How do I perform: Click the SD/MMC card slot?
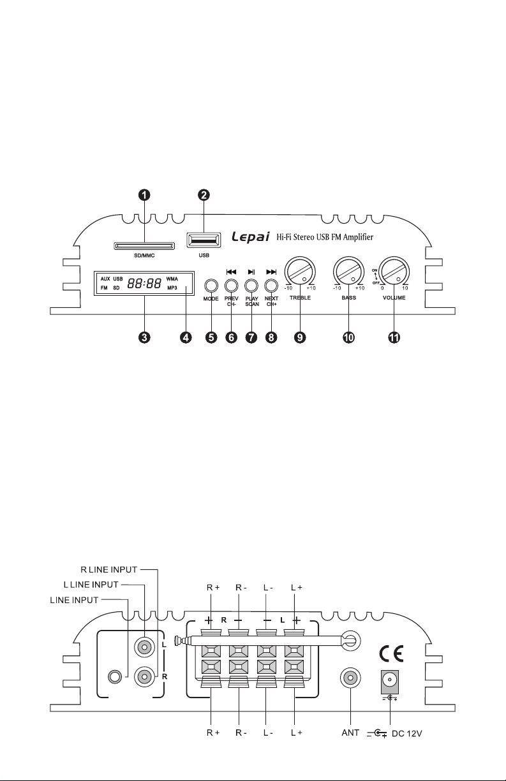[x=144, y=246]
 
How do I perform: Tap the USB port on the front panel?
[x=204, y=240]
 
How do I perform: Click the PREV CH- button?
[x=232, y=286]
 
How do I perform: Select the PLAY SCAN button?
[x=251, y=286]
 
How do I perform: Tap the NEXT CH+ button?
[x=271, y=286]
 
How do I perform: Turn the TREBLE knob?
[x=300, y=272]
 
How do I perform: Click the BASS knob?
[x=348, y=272]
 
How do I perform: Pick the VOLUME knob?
[x=394, y=272]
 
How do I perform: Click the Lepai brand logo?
[x=251, y=237]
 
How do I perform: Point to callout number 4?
[x=186, y=337]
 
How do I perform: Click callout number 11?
[x=394, y=337]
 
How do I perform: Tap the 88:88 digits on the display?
[x=144, y=284]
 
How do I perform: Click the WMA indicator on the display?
[x=172, y=279]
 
